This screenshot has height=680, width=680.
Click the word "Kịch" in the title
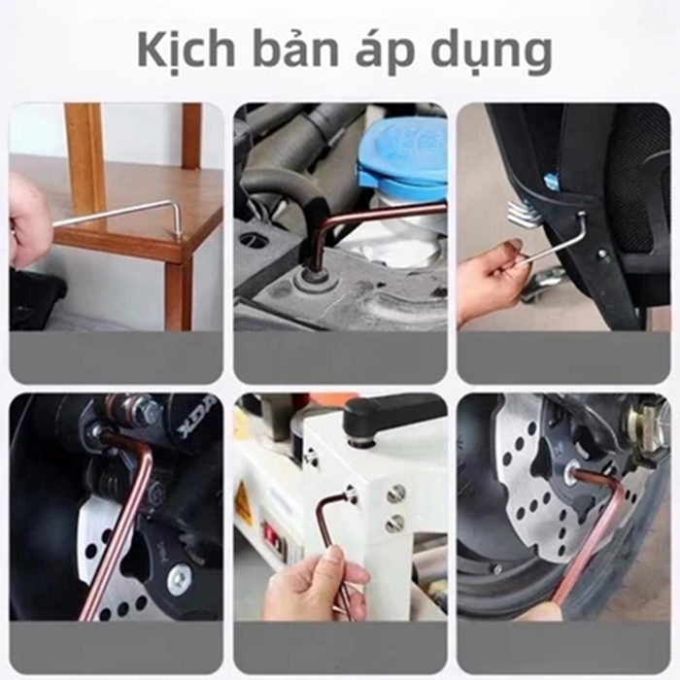187,52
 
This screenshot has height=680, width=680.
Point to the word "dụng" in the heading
490,52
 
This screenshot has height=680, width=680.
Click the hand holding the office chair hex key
494,278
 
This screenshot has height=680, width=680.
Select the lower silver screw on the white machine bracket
394,524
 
